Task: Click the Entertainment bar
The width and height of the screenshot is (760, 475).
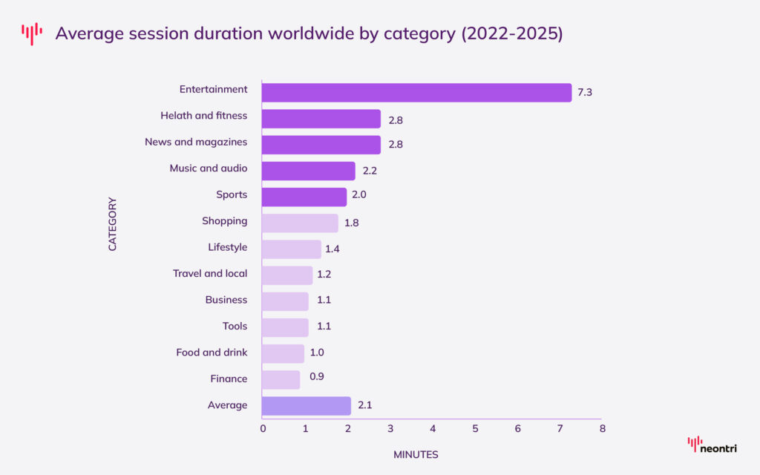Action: tap(416, 93)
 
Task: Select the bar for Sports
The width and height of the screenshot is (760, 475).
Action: tap(304, 197)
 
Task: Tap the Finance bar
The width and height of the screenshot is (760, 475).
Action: tap(281, 380)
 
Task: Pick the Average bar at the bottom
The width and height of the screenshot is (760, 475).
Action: tap(307, 406)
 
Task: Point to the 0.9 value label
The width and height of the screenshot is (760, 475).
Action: tap(316, 376)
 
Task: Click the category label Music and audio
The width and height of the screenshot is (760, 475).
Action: tap(209, 168)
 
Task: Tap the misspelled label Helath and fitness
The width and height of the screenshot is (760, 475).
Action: tap(204, 116)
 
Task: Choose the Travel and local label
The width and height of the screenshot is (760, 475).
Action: tap(210, 273)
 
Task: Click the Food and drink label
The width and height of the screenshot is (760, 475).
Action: tap(212, 353)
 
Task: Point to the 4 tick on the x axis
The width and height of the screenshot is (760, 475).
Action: tap(433, 429)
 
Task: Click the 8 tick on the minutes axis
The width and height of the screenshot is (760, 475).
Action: tap(602, 429)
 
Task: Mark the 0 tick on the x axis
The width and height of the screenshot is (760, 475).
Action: tap(263, 429)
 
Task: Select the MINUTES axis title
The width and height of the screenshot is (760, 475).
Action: tap(416, 454)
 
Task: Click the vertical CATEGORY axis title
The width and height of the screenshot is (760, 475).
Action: tap(113, 223)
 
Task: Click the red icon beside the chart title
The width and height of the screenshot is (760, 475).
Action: tap(32, 33)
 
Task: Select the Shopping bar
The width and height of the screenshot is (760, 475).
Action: tap(300, 223)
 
